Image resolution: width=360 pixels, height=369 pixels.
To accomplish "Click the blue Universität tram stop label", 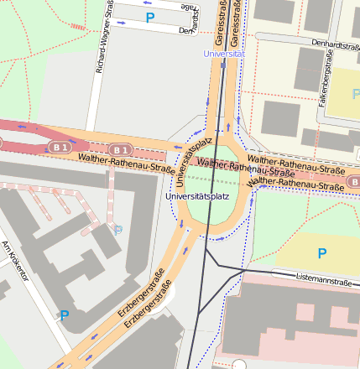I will (x=224, y=54).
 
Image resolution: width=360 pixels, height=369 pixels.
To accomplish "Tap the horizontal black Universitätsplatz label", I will (x=197, y=196).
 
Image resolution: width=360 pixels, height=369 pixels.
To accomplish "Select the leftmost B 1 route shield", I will (x=59, y=147).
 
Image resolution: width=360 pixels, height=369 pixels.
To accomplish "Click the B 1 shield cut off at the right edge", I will (x=354, y=180).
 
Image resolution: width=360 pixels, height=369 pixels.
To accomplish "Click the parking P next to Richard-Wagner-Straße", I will (x=150, y=17).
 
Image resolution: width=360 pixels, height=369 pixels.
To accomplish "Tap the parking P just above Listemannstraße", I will (x=321, y=252).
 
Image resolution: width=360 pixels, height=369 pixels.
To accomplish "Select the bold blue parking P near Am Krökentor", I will (x=64, y=315).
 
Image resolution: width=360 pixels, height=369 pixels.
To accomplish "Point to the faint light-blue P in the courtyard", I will (x=117, y=229).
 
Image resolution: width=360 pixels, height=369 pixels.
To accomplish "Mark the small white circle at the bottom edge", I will (x=239, y=365).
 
